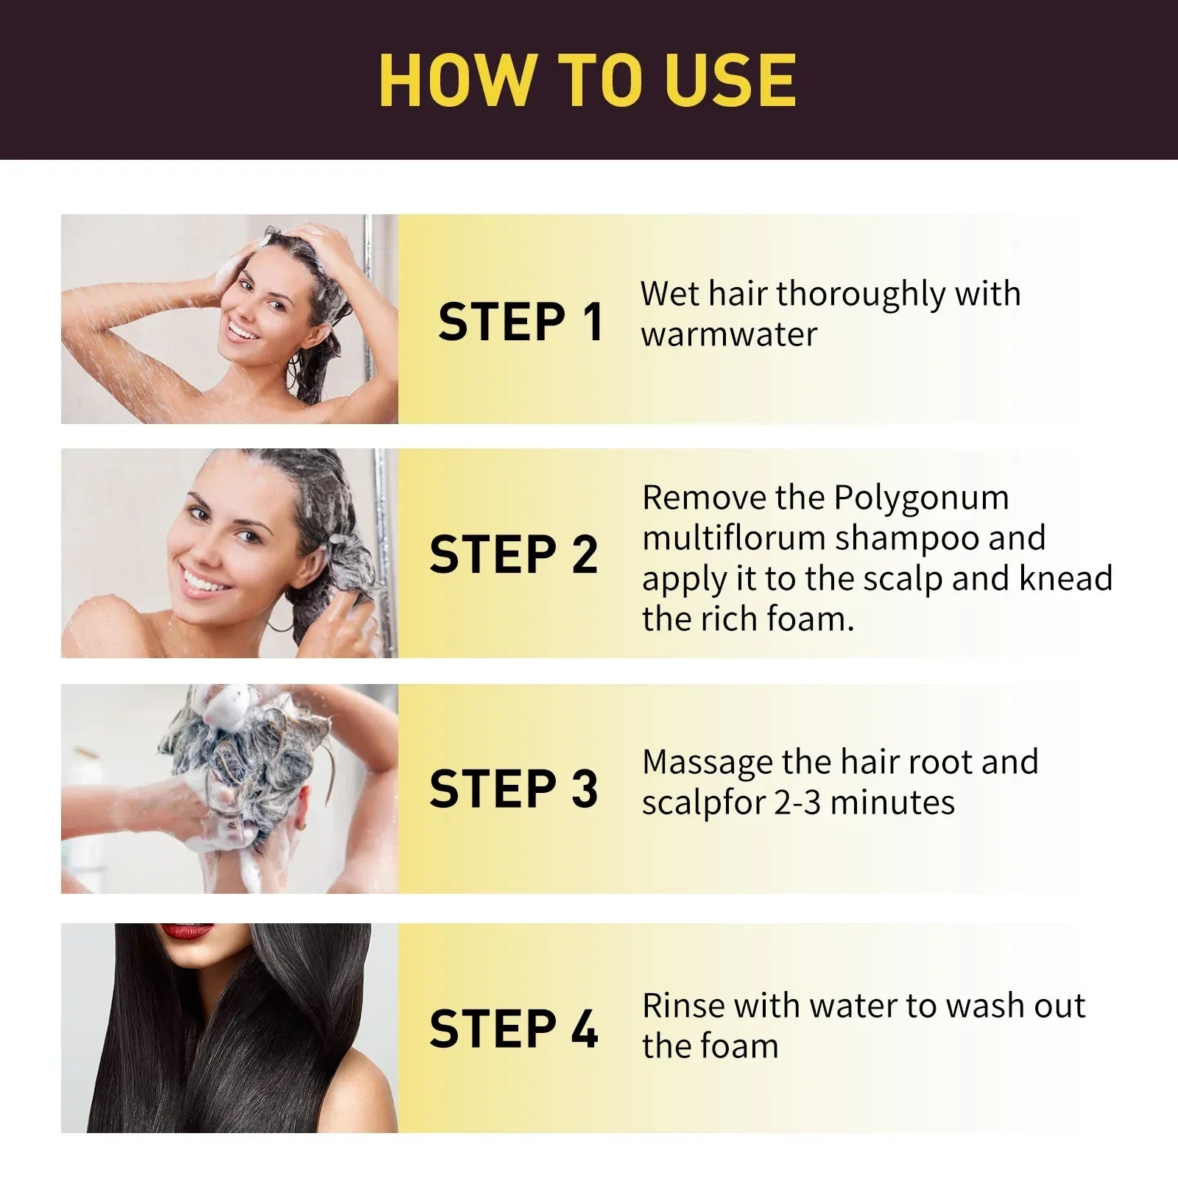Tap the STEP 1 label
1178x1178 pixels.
point(521,322)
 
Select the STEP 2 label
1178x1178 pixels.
point(513,554)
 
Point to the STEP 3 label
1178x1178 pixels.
point(513,789)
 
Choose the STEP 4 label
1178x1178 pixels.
point(513,1029)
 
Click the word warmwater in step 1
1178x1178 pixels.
point(728,334)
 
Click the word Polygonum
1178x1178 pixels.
point(921,498)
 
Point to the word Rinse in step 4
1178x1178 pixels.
point(683,1006)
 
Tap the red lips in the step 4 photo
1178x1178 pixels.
point(186,931)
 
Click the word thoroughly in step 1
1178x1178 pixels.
point(860,294)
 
